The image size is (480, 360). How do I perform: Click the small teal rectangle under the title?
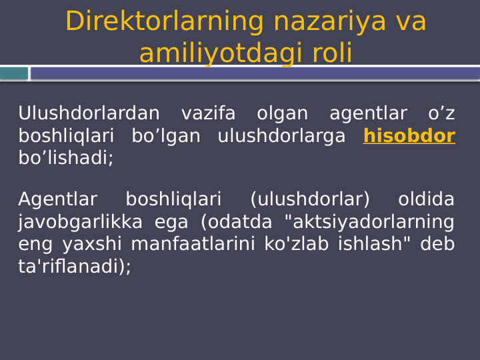pos(13,73)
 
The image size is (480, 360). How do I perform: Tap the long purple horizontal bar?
pos(255,73)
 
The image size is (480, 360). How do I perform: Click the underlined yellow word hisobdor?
pos(409,136)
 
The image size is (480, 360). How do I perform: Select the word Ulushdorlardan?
pos(89,114)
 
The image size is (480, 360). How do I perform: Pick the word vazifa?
pos(208,114)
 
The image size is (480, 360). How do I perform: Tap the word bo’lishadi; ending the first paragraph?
pos(65,158)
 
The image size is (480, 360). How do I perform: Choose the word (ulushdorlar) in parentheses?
pos(310,199)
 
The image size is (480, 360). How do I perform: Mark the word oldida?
pos(426,199)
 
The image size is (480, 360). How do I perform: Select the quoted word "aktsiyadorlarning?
pos(369,222)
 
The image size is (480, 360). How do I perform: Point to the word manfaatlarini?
pos(193,244)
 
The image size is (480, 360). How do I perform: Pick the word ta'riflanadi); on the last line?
pos(75,267)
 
